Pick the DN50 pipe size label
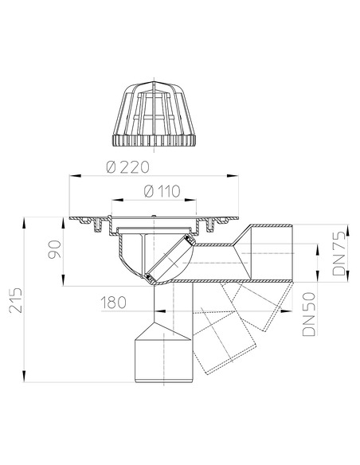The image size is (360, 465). point(315,315)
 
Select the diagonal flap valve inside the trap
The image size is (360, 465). point(169,256)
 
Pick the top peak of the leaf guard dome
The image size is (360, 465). point(151,83)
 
